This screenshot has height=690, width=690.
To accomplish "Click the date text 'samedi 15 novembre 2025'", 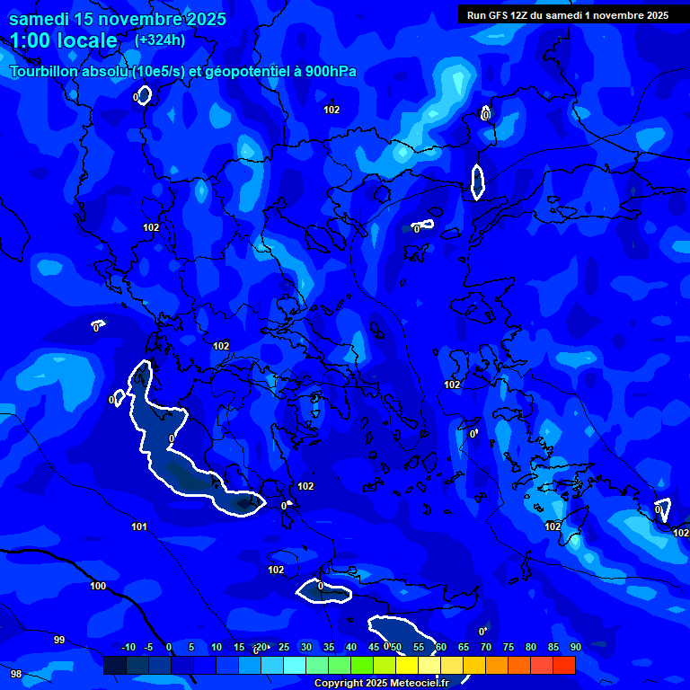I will click(x=117, y=19).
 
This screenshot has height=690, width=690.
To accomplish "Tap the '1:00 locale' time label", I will click(x=64, y=40).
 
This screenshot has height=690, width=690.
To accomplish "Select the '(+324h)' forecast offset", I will click(x=160, y=40).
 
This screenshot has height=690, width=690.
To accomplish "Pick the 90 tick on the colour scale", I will click(x=575, y=647).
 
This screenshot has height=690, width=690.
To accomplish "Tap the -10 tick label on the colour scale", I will click(x=128, y=647).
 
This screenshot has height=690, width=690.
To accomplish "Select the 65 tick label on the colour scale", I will click(x=463, y=647).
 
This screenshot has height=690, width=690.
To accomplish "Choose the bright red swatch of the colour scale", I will click(x=563, y=665).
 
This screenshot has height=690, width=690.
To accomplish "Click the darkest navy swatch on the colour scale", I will click(x=114, y=665).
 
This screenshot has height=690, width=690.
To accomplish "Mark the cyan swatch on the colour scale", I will click(x=294, y=665).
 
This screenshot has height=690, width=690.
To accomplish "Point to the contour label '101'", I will click(x=139, y=526).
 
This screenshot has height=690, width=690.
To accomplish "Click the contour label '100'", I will click(x=98, y=586).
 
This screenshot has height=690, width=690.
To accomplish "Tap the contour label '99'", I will click(x=59, y=640).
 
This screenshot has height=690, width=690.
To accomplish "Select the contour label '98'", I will click(x=15, y=674).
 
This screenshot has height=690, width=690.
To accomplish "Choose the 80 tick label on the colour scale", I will click(x=530, y=647).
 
